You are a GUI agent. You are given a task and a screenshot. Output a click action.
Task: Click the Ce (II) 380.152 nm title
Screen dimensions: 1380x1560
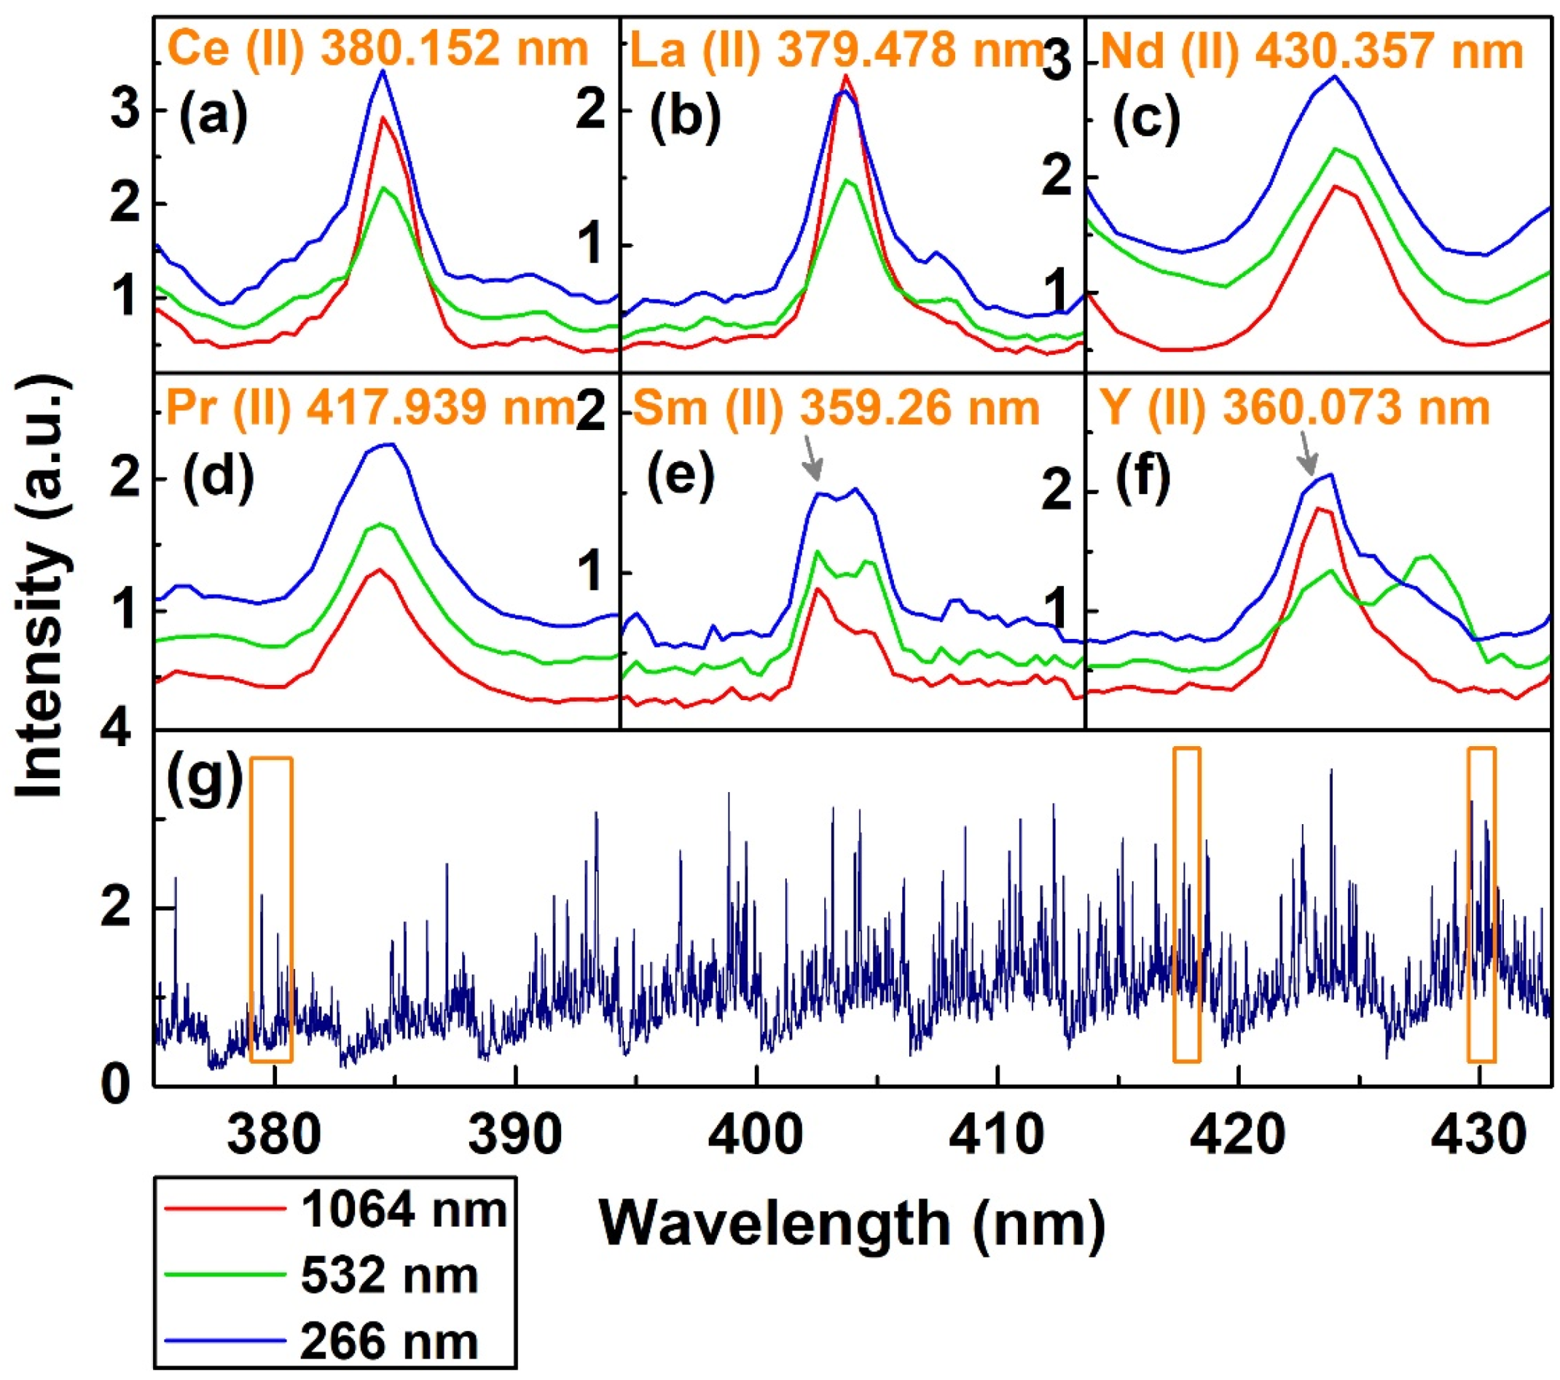click(x=377, y=50)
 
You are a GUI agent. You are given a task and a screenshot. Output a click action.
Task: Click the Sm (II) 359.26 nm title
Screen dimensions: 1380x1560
click(x=836, y=408)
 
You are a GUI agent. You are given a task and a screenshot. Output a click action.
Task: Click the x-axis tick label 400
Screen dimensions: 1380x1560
click(x=756, y=1135)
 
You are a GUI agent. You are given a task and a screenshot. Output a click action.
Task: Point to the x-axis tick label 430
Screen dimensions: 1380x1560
click(x=1478, y=1135)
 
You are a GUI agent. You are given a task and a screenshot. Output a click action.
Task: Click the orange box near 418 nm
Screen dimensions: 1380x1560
click(x=1187, y=904)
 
